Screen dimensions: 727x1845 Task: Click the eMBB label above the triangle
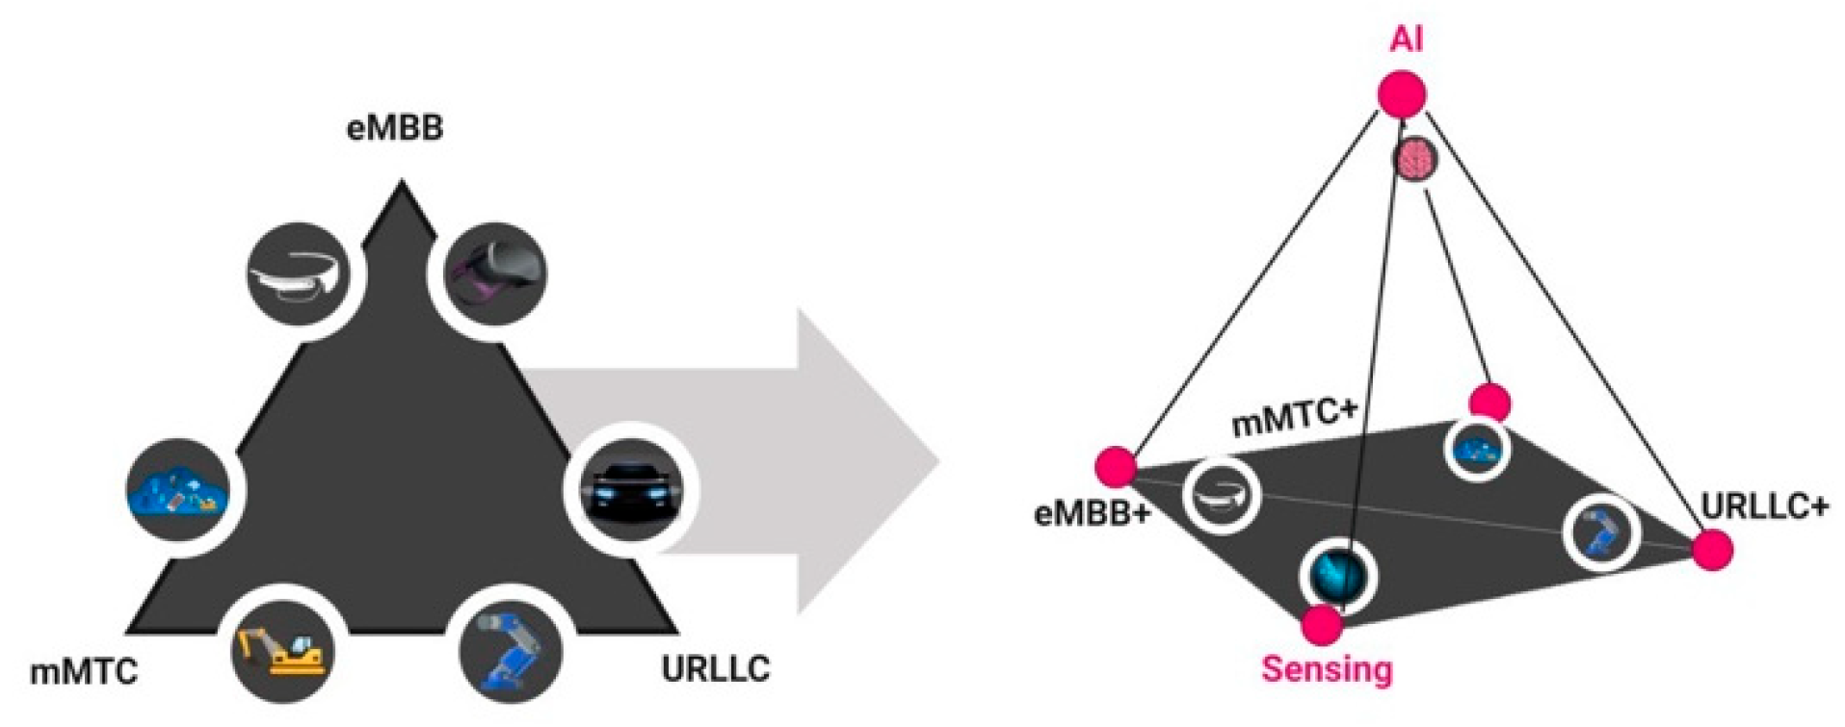394,128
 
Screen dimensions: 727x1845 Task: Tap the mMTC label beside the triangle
84,671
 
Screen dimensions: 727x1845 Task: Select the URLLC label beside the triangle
715,668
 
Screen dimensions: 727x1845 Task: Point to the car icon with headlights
631,489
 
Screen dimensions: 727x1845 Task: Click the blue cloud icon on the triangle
179,490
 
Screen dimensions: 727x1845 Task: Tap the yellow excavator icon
283,652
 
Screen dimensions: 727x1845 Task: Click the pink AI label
1406,39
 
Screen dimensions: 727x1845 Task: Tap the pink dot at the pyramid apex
1401,94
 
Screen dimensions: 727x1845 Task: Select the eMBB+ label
1093,513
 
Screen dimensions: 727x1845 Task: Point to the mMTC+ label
1295,417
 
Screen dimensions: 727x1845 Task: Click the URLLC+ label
1764,506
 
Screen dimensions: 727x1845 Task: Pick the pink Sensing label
1327,668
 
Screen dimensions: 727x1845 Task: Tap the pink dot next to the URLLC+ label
1712,551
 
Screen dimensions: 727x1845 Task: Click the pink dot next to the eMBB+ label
1117,467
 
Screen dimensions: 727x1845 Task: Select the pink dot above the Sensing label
1322,625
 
